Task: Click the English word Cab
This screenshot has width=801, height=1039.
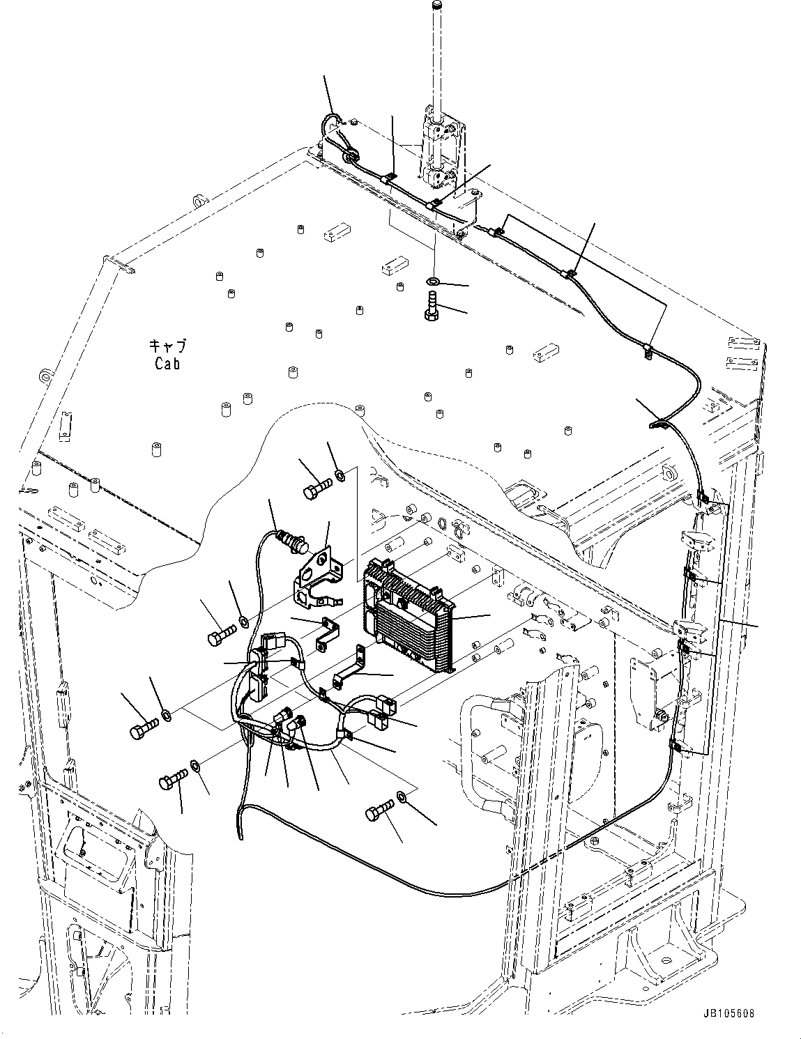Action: (167, 363)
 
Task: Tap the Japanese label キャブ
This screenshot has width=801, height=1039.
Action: (167, 346)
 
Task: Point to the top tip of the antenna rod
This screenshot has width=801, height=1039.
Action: (438, 6)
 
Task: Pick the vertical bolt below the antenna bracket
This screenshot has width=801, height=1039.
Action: (431, 307)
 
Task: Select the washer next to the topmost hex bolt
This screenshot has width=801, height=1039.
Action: (339, 475)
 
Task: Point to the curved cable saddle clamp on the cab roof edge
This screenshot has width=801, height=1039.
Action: (659, 422)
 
